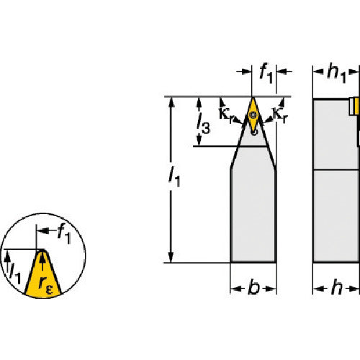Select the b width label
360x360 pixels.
click(x=253, y=287)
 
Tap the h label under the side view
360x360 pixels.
click(x=336, y=287)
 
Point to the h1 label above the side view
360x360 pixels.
click(x=336, y=73)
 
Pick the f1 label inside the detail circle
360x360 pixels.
click(x=64, y=233)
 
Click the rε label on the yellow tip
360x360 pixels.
click(x=45, y=285)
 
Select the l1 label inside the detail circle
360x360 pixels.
click(x=15, y=274)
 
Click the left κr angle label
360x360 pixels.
click(x=225, y=114)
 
